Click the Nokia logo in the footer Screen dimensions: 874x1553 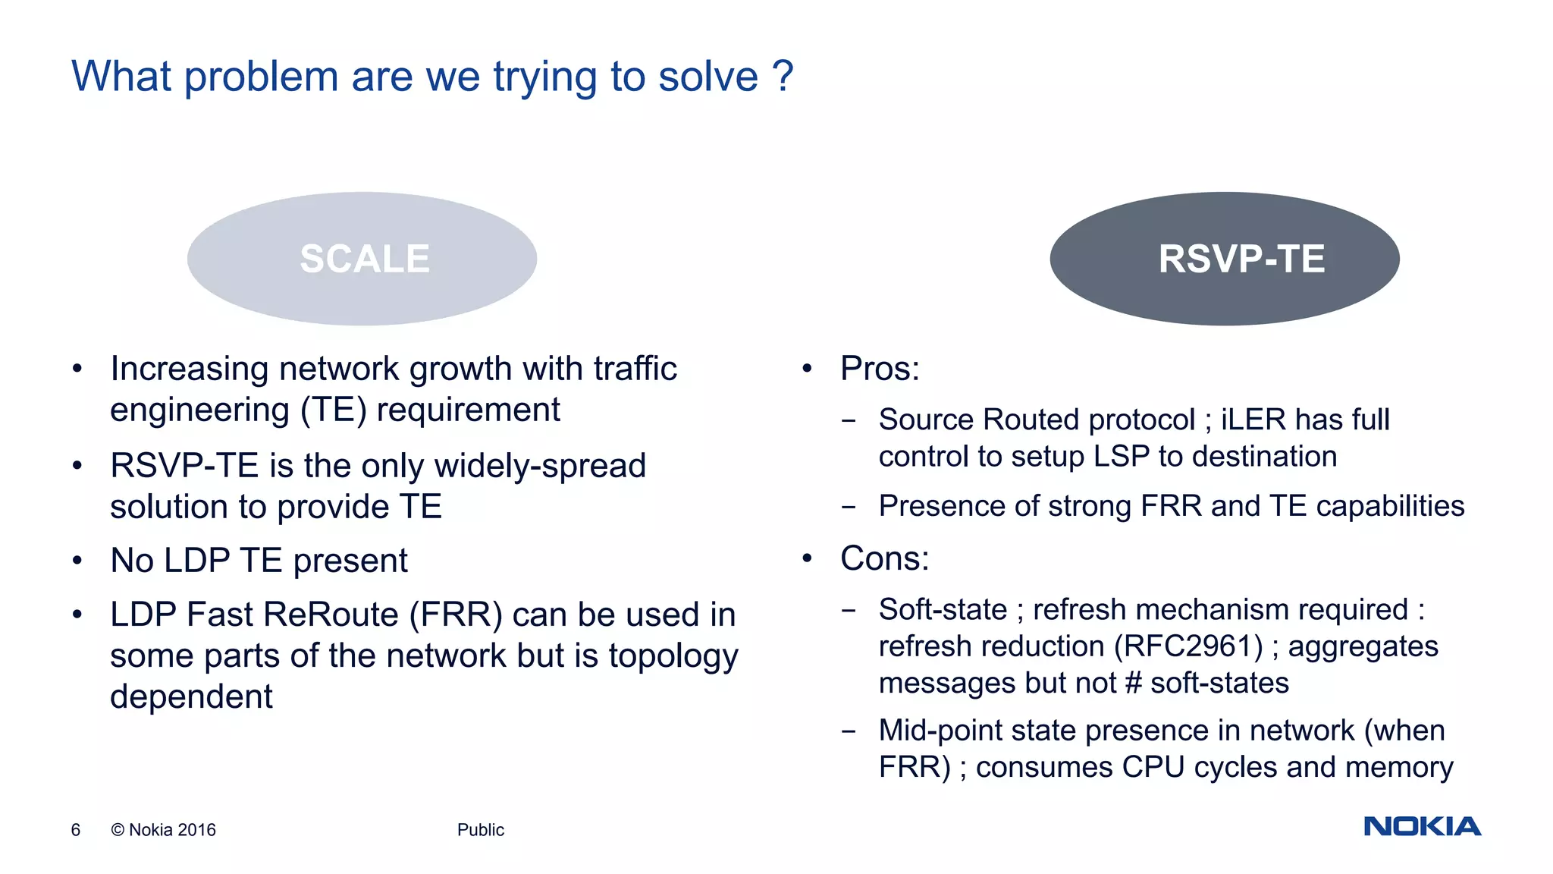pyautogui.click(x=1422, y=826)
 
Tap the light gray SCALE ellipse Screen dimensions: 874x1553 pyautogui.click(x=362, y=259)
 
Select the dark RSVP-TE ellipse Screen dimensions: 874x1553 pyautogui.click(x=1224, y=259)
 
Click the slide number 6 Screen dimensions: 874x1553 pyautogui.click(x=76, y=830)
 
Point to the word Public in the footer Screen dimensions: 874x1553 pyautogui.click(x=480, y=830)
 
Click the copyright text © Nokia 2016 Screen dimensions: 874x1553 pyautogui.click(x=164, y=830)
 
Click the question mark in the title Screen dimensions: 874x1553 pyautogui.click(x=783, y=77)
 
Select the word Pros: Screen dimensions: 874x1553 pyautogui.click(x=880, y=369)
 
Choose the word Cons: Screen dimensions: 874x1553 pyautogui.click(x=884, y=558)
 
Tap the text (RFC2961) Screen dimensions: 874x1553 pyautogui.click(x=1188, y=646)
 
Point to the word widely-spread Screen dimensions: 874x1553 pyautogui.click(x=541, y=466)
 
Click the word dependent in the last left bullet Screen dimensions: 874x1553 pyautogui.click(x=191, y=696)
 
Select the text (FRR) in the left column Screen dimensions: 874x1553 pyautogui.click(x=456, y=615)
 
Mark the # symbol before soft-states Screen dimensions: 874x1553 pyautogui.click(x=1134, y=683)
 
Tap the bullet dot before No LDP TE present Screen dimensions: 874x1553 pyautogui.click(x=77, y=561)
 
